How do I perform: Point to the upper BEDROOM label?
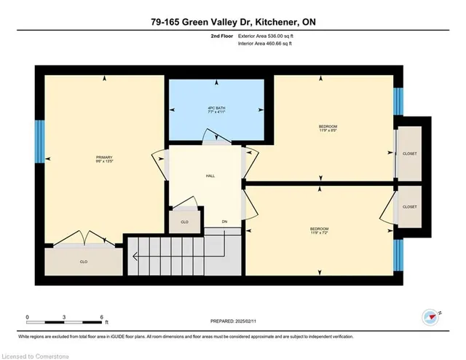point(328,127)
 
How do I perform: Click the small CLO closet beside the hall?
point(184,221)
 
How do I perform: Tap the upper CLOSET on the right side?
point(411,154)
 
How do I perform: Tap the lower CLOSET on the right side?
point(411,207)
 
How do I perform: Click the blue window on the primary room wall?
point(40,140)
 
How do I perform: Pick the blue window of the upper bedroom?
point(398,101)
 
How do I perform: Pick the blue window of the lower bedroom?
point(398,256)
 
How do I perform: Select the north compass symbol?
point(431,316)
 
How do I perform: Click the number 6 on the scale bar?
point(102,317)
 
